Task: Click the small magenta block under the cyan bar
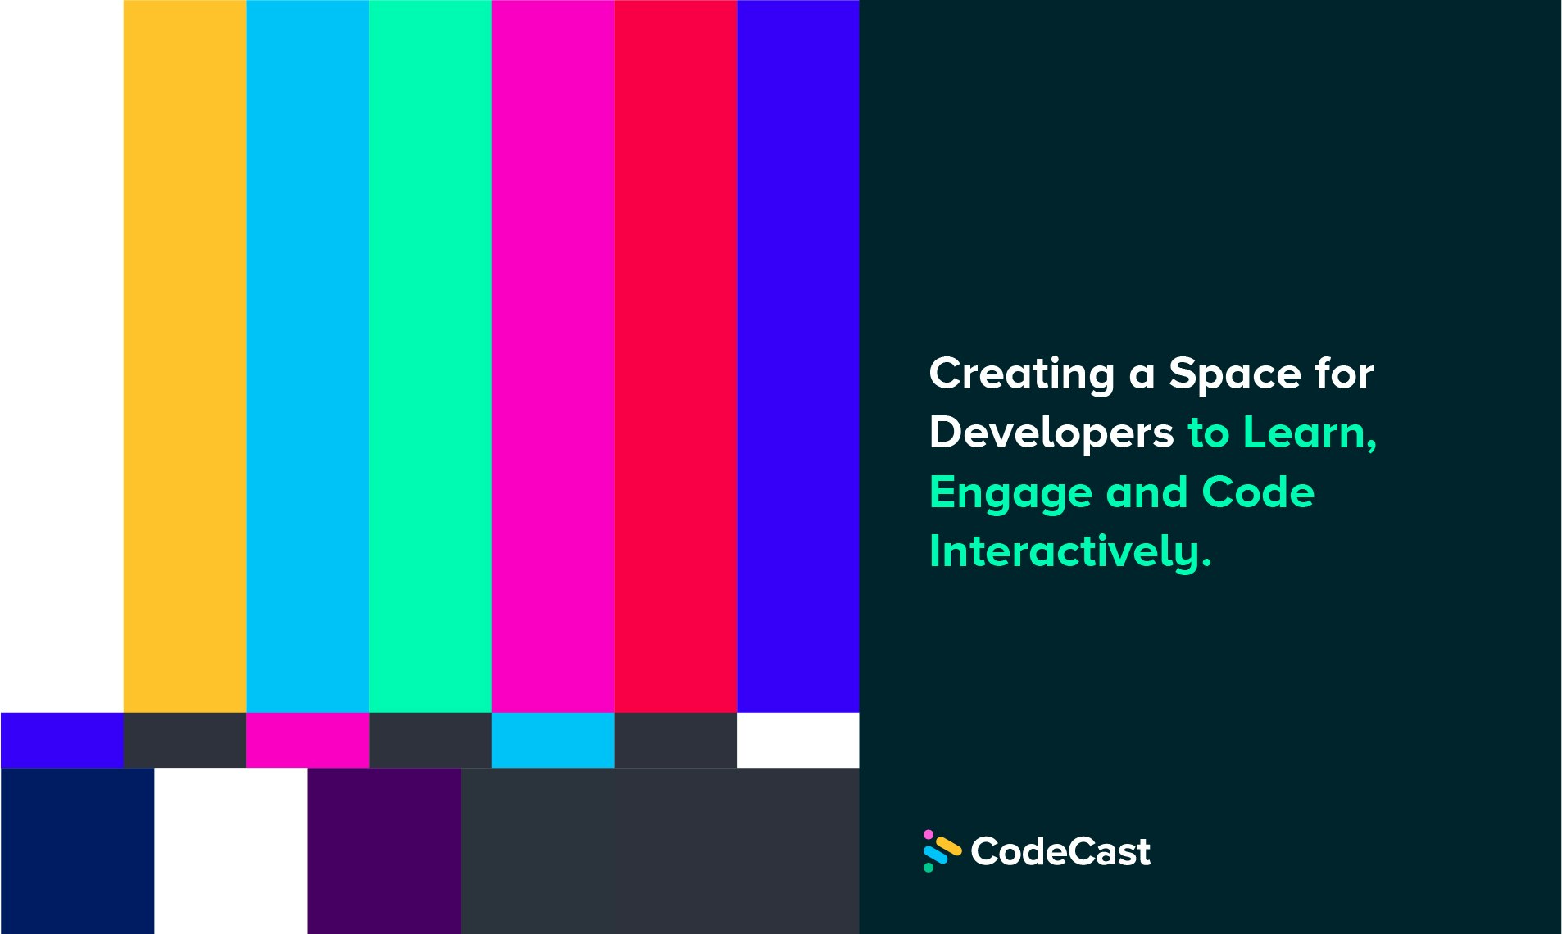tap(307, 740)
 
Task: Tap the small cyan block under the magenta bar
tap(552, 740)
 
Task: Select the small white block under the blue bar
tap(797, 740)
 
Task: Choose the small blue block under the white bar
tap(61, 740)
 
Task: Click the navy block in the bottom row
tap(77, 850)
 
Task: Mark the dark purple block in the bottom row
tap(384, 850)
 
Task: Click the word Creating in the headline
tap(1021, 374)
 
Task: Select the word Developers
tap(1051, 433)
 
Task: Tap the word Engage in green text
tap(1010, 493)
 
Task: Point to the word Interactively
tap(1069, 551)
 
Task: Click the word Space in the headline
tap(1234, 374)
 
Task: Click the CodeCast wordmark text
tap(1060, 851)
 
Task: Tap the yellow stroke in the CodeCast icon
tap(948, 846)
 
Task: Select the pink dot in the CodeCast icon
tap(929, 834)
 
